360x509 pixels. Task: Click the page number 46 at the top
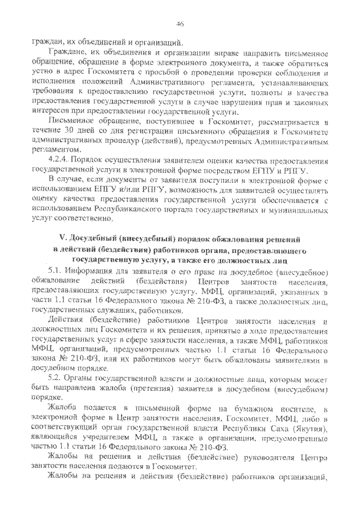pos(180,23)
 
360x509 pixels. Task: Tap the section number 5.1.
pos(56,270)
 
